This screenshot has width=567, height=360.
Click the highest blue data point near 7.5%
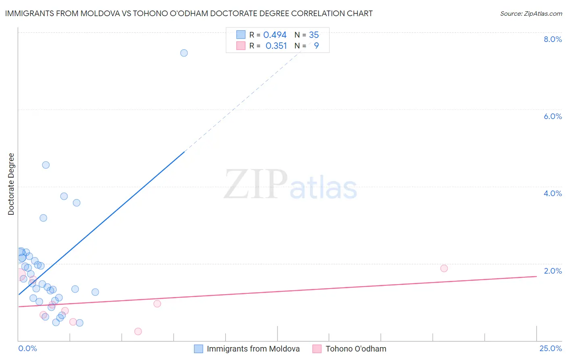coord(184,53)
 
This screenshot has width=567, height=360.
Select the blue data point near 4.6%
coord(46,165)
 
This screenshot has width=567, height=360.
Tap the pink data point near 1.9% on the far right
coord(444,268)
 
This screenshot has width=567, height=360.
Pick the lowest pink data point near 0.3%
coord(138,331)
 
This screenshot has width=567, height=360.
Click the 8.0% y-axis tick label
coord(552,39)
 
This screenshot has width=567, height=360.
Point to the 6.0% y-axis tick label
coord(552,116)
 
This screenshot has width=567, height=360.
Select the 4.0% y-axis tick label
coord(552,193)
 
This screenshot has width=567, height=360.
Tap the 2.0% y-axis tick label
coord(552,271)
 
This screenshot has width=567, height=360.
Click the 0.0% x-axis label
coord(27,349)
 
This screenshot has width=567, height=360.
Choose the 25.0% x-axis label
coord(550,349)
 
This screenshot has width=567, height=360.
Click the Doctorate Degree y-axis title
coord(11,184)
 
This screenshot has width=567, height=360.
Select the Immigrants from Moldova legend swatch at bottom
coord(198,349)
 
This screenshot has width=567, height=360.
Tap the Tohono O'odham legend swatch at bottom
coord(317,349)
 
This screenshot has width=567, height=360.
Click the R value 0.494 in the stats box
coord(275,35)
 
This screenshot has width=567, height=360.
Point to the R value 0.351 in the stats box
coord(276,46)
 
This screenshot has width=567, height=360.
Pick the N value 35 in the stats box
coord(314,35)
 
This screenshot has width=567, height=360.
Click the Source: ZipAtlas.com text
coord(531,14)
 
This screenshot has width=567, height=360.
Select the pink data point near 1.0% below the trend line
coord(157,303)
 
